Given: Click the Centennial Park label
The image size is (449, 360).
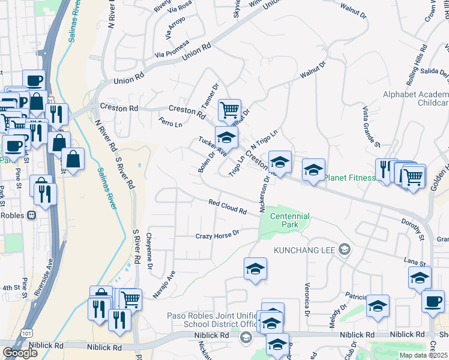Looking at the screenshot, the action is (290, 220).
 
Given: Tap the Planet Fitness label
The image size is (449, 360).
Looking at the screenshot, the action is (349, 178).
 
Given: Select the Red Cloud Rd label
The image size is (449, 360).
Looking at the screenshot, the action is (228, 208).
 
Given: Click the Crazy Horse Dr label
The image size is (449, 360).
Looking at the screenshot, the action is (217, 234).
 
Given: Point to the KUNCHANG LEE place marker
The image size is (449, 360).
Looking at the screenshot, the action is (344, 249).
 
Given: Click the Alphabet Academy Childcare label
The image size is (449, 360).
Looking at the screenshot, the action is (415, 99).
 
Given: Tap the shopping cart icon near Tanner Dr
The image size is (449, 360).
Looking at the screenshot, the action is (229, 110).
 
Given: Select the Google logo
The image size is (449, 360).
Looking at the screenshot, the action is (20, 353).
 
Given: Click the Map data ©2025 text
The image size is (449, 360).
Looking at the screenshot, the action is (423, 355).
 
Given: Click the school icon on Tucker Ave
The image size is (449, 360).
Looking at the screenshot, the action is (226, 136).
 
